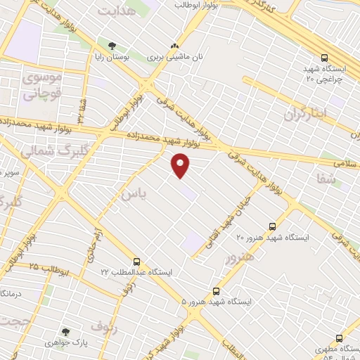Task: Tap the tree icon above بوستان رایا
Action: pyautogui.click(x=112, y=46)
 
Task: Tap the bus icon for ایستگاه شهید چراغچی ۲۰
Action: pyautogui.click(x=325, y=58)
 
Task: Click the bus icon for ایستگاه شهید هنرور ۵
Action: pyautogui.click(x=215, y=290)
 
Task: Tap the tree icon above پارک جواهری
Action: pyautogui.click(x=66, y=331)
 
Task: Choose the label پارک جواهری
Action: pyautogui.click(x=66, y=343)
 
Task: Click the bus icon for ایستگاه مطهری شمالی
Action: pyautogui.click(x=340, y=338)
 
